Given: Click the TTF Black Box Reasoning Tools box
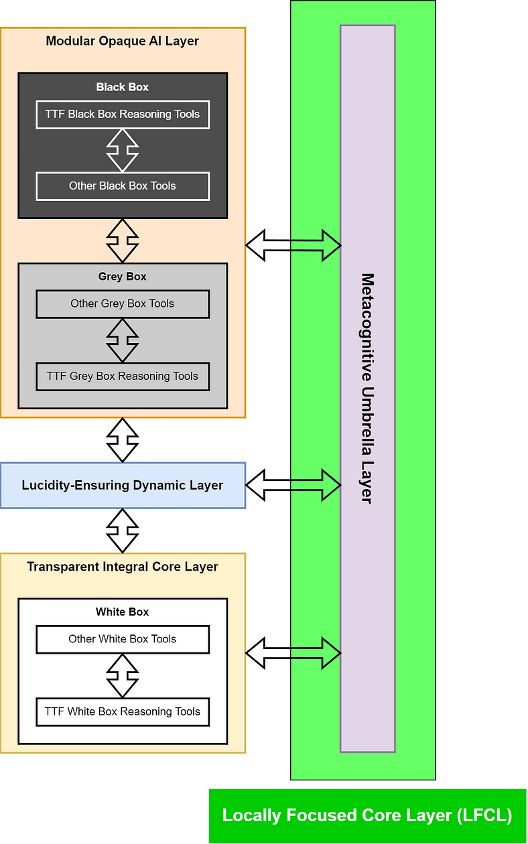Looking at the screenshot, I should pyautogui.click(x=123, y=115).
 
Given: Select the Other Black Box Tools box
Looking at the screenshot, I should pyautogui.click(x=123, y=186).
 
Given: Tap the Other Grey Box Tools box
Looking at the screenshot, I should pyautogui.click(x=123, y=304).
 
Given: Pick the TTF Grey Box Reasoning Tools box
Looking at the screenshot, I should pyautogui.click(x=123, y=376).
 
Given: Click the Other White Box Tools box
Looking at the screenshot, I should pyautogui.click(x=123, y=639).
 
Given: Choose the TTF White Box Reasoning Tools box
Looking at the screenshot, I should pyautogui.click(x=123, y=711).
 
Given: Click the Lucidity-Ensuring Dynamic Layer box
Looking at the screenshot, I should pyautogui.click(x=123, y=485).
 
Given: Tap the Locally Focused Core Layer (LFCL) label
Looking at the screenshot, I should pyautogui.click(x=367, y=815).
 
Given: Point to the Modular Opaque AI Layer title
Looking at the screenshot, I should pyautogui.click(x=123, y=42).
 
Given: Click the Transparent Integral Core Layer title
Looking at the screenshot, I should pyautogui.click(x=123, y=567).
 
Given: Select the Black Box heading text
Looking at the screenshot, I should pyautogui.click(x=123, y=87).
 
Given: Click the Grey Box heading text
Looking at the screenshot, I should pyautogui.click(x=123, y=277).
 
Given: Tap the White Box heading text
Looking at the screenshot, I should pyautogui.click(x=123, y=612).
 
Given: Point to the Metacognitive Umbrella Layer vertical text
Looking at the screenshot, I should pyautogui.click(x=367, y=388).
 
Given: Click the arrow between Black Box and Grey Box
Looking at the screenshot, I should pyautogui.click(x=123, y=240).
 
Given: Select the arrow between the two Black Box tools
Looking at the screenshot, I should pyautogui.click(x=123, y=150).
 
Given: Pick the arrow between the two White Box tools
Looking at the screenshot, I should pyautogui.click(x=123, y=675).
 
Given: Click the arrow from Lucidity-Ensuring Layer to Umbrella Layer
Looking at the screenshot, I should pyautogui.click(x=293, y=485).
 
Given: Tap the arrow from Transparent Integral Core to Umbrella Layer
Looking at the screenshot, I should pyautogui.click(x=293, y=653).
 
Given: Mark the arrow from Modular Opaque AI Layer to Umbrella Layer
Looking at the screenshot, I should pyautogui.click(x=293, y=245).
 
